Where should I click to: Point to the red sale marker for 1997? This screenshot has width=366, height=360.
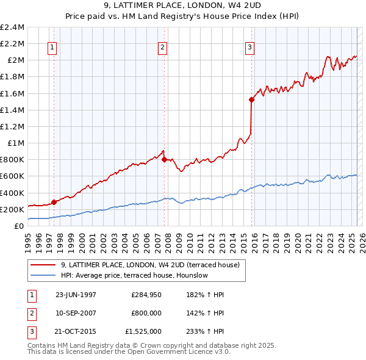point(54,202)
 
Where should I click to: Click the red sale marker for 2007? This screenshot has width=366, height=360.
point(164,159)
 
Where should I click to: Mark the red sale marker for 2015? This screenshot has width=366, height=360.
point(252,99)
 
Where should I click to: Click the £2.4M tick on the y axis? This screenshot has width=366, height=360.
point(12,27)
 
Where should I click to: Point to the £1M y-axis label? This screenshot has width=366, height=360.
point(16,143)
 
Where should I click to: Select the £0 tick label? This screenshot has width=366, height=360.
point(20,226)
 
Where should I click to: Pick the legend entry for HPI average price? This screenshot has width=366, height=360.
point(134,275)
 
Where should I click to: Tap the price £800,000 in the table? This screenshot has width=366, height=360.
point(146,313)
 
